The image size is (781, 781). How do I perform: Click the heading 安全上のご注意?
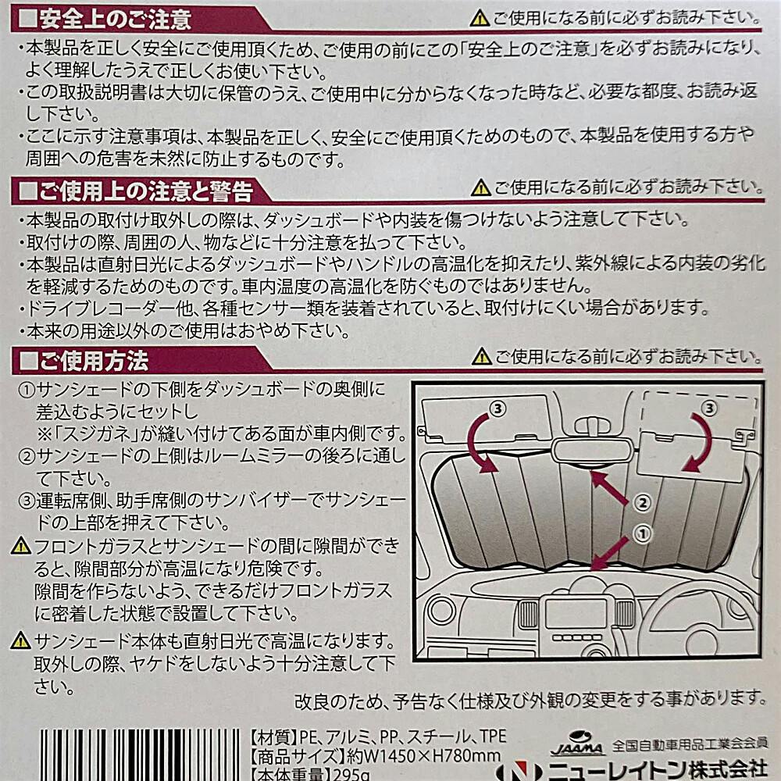pyautogui.click(x=116, y=19)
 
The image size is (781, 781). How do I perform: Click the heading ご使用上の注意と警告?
pyautogui.click(x=147, y=191)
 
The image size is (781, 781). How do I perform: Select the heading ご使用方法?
pyautogui.click(x=95, y=361)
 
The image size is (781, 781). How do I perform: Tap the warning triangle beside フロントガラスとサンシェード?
pyautogui.click(x=20, y=547)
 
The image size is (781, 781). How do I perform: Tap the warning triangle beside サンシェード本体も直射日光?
pyautogui.click(x=20, y=640)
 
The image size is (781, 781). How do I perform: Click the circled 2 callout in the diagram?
pyautogui.click(x=643, y=503)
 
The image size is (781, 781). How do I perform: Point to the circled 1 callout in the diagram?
pyautogui.click(x=643, y=534)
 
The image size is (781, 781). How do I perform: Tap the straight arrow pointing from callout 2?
pyautogui.click(x=609, y=487)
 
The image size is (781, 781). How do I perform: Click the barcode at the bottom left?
pyautogui.click(x=141, y=755)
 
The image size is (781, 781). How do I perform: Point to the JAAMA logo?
pyautogui.click(x=577, y=744)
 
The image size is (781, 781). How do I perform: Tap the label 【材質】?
pyautogui.click(x=274, y=736)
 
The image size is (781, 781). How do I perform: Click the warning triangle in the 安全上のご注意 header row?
pyautogui.click(x=480, y=19)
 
